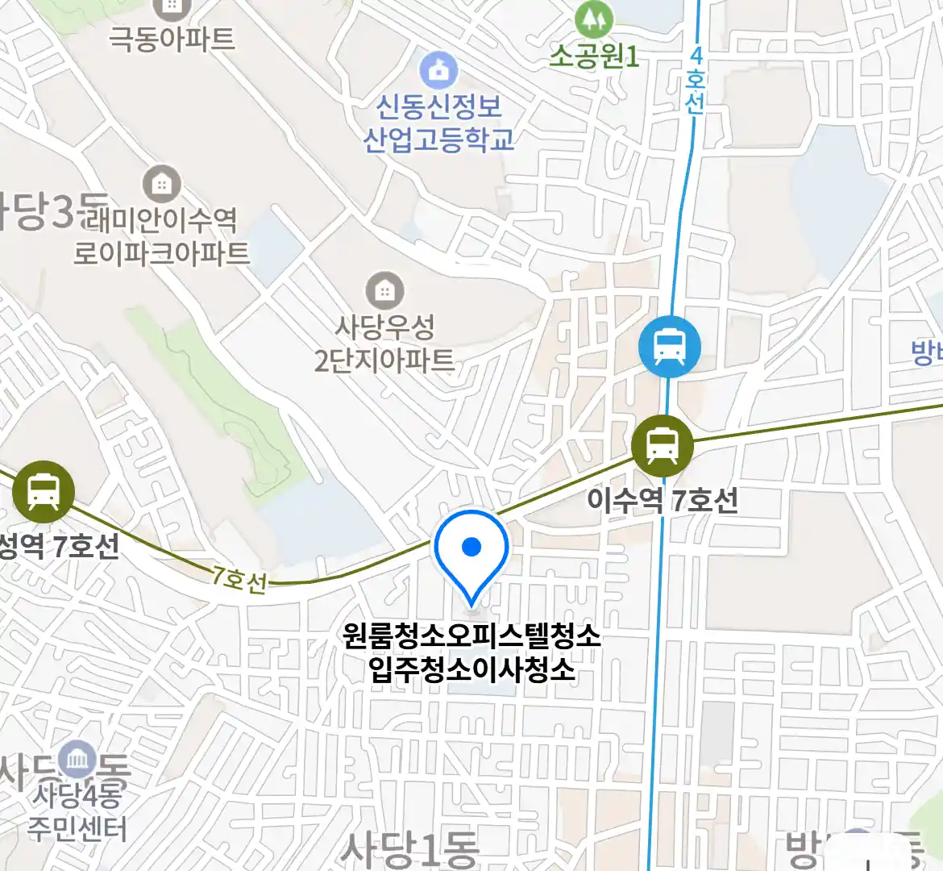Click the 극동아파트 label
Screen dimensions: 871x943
[x=172, y=39]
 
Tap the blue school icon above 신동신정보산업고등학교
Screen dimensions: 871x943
[x=438, y=70]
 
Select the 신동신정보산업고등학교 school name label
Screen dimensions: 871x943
[x=438, y=123]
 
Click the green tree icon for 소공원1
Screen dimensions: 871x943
[x=594, y=19]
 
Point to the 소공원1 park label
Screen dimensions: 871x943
[x=594, y=56]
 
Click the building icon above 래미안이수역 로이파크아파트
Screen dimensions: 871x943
[x=162, y=185]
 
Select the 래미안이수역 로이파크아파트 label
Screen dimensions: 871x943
[x=162, y=235]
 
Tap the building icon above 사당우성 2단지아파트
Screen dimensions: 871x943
[x=384, y=290]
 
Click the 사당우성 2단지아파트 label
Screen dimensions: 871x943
[x=384, y=344]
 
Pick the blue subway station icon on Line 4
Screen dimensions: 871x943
[x=669, y=347]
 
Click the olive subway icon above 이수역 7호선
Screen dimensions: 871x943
[x=662, y=444]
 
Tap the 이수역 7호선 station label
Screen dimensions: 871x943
[x=662, y=500]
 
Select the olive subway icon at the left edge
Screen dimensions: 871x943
[x=43, y=491]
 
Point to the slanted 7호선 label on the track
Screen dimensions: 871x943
[x=239, y=578]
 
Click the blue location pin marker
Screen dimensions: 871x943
[x=471, y=552]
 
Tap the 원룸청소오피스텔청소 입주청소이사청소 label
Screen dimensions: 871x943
[x=471, y=652]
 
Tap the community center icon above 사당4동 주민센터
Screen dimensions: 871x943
[x=79, y=760]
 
